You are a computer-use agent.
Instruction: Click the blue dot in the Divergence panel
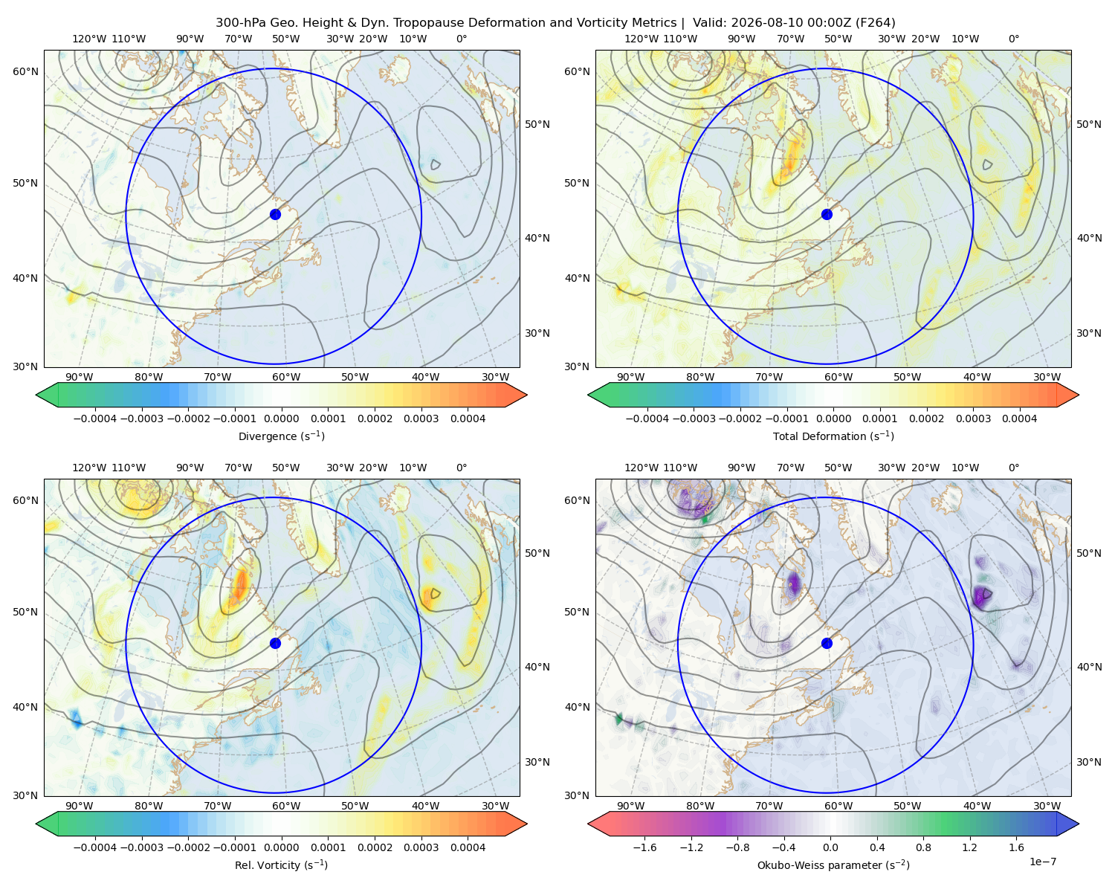coord(275,214)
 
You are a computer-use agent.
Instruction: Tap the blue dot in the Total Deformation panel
coord(827,214)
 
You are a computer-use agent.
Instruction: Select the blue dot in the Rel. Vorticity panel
coord(275,643)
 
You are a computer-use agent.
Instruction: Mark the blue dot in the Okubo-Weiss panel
coord(827,643)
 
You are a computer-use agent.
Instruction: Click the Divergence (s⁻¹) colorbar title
coord(281,436)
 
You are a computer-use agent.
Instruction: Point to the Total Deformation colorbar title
coord(833,436)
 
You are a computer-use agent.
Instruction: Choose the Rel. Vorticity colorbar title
coord(281,864)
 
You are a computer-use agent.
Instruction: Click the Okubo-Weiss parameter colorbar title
coord(833,864)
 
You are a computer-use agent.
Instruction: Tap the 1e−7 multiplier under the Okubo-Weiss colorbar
coord(1042,862)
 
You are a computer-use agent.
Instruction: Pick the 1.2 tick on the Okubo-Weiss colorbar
coord(969,847)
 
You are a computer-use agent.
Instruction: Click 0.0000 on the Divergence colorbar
coord(281,418)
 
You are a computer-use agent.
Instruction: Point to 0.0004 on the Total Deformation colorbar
coord(1019,418)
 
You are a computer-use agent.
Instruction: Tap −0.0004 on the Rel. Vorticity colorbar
coord(95,847)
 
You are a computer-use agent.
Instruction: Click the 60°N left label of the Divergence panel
coord(25,71)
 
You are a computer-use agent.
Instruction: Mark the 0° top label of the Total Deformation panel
coord(1013,39)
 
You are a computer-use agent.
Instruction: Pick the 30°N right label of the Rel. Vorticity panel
coord(537,761)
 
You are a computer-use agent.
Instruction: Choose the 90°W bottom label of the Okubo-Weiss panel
coord(630,806)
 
